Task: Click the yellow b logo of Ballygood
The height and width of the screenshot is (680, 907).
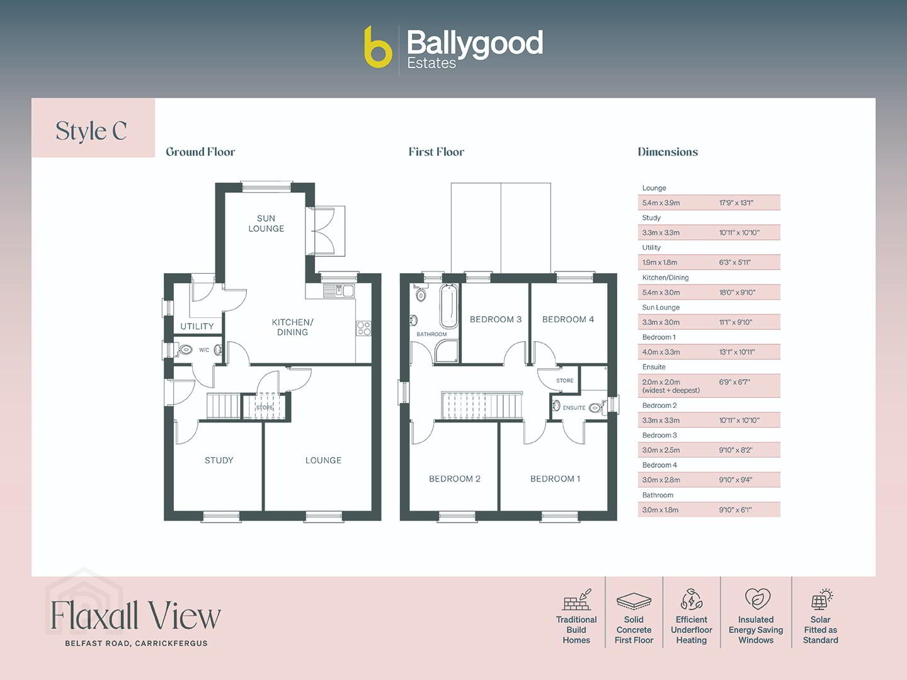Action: tap(378, 47)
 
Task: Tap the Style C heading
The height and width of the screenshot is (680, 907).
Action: tap(91, 131)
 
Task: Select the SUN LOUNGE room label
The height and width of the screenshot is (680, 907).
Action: tap(266, 224)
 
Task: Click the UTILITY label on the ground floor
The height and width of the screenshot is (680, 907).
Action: tap(197, 326)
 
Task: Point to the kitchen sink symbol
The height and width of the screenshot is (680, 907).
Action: tap(339, 291)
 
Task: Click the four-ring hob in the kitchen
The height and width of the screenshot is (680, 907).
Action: tap(363, 329)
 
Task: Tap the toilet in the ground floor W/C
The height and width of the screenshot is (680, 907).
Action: tap(185, 350)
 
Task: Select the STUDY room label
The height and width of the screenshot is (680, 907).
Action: tap(219, 460)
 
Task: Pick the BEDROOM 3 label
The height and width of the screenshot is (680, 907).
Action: tap(496, 319)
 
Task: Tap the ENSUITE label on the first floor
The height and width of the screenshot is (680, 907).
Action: tap(574, 408)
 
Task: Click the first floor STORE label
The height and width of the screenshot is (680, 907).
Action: tap(564, 381)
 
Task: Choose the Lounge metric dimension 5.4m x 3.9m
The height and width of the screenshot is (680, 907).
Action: tap(661, 203)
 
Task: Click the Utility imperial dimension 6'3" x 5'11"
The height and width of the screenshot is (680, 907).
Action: tap(734, 262)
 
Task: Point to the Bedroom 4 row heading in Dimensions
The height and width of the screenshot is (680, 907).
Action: tap(659, 465)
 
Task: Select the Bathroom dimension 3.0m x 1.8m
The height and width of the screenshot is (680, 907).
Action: tap(660, 510)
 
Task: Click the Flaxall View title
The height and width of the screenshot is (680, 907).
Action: tap(135, 615)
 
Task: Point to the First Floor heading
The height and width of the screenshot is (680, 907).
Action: tap(436, 152)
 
